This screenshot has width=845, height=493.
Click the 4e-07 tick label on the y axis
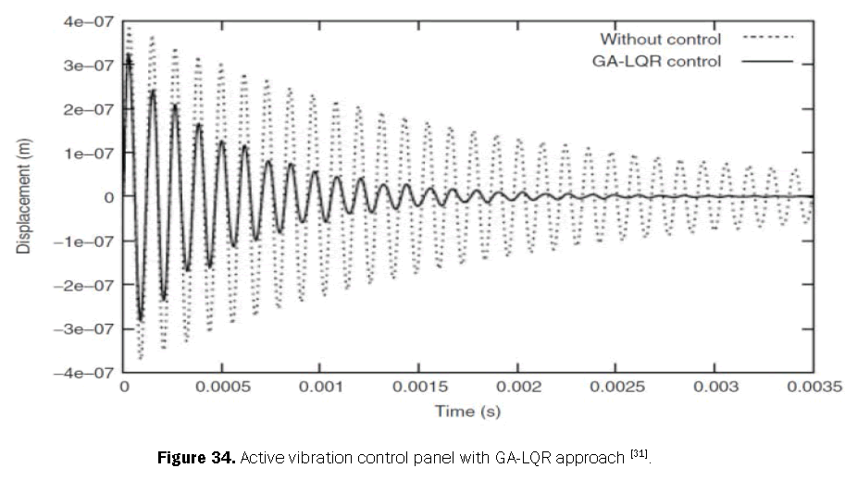click(88, 20)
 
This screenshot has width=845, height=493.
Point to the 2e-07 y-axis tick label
click(88, 108)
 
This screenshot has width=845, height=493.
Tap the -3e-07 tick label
click(84, 328)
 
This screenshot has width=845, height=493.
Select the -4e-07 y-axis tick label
click(84, 373)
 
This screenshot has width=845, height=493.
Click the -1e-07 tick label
click(84, 240)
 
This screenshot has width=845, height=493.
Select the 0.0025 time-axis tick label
click(613, 388)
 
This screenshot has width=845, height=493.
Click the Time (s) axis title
click(467, 411)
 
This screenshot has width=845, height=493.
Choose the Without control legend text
click(660, 39)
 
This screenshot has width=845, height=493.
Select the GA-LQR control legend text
click(655, 61)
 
